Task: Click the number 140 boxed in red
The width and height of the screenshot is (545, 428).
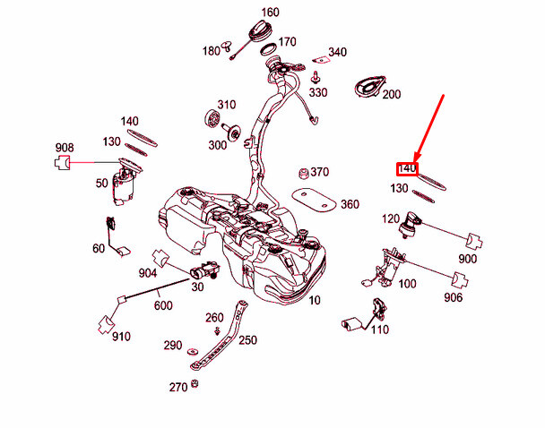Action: click(408, 168)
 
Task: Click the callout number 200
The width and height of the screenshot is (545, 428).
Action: click(392, 94)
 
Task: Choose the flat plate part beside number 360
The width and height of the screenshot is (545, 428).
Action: click(315, 199)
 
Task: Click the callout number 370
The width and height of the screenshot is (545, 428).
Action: click(320, 172)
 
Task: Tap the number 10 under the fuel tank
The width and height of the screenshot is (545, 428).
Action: click(314, 301)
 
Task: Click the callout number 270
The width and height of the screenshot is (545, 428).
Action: click(178, 388)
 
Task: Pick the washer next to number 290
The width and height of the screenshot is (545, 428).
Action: click(194, 346)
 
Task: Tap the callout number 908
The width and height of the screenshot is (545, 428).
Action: click(65, 148)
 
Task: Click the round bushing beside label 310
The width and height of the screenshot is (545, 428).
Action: click(213, 117)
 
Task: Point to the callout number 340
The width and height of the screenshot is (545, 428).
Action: click(337, 52)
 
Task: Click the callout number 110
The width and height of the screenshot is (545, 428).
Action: click(379, 330)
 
